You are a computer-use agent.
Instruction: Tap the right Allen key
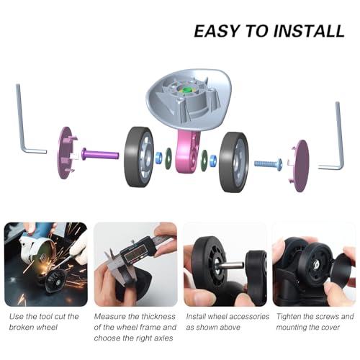click(335, 137)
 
